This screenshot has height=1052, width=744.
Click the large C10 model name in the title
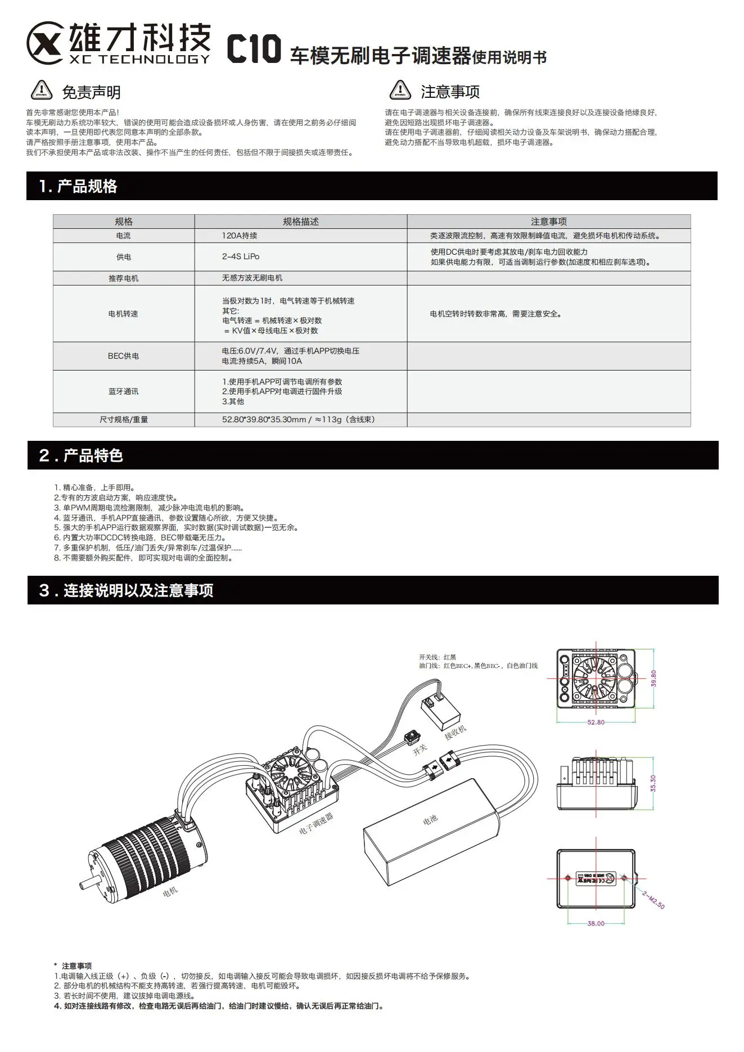coord(254,49)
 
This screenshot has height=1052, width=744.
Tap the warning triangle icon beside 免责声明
coord(41,91)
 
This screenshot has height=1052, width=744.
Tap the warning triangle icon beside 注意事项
coord(400,90)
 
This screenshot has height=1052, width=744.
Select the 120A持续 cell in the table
coord(240,236)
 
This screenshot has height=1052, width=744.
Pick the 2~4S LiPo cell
coord(241,256)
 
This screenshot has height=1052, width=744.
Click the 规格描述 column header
coord(301,222)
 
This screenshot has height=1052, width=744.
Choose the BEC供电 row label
coord(124,356)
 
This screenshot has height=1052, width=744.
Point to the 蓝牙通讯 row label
coord(124,391)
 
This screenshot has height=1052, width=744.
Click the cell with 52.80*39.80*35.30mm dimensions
coord(299,419)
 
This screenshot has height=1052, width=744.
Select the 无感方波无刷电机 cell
coord(252,278)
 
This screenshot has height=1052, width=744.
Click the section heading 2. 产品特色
coord(81,455)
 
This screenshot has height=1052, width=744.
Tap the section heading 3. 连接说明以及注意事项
coord(126,590)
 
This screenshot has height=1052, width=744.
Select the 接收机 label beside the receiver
coord(456,732)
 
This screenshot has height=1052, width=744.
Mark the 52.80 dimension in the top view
coord(596,722)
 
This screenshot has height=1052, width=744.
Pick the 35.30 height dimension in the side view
coord(653,783)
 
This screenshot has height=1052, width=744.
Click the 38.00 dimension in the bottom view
coord(596,923)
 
